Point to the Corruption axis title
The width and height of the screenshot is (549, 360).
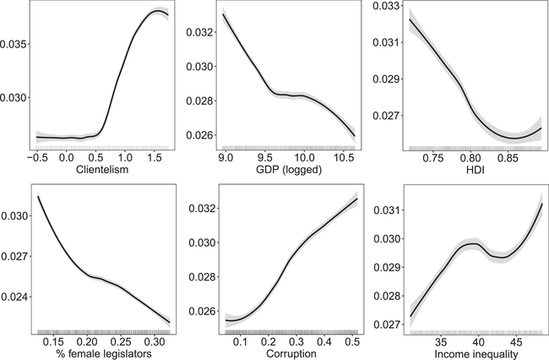[284, 353]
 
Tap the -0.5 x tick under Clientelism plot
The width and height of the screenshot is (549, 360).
[37, 157]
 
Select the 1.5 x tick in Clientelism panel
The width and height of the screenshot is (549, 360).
[153, 157]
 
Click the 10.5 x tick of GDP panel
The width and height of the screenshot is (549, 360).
[345, 157]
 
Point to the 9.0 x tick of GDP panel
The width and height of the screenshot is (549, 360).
[224, 157]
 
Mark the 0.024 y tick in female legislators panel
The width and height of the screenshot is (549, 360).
[15, 297]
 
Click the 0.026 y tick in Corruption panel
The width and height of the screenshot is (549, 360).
[198, 312]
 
